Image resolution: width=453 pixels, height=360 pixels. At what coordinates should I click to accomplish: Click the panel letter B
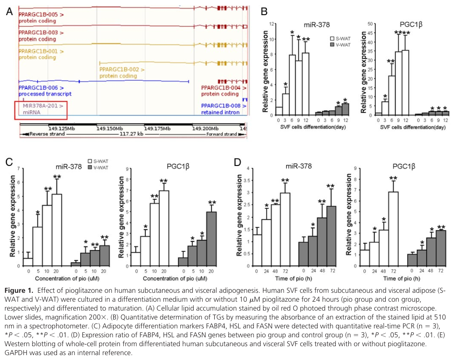coord(264,12)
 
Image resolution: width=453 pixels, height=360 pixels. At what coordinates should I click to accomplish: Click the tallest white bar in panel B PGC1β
coord(405,82)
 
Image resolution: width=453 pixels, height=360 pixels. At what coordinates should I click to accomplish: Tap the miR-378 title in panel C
coord(68,167)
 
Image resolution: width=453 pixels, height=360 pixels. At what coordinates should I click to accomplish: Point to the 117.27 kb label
coord(132,134)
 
